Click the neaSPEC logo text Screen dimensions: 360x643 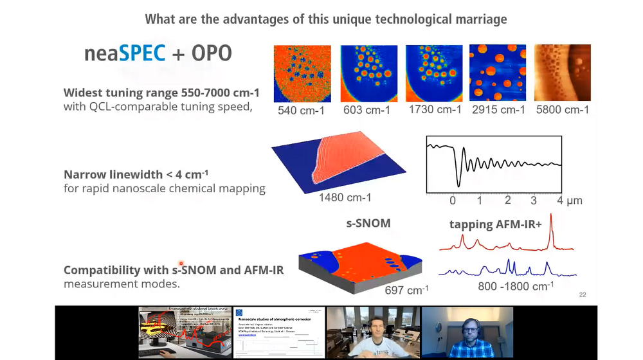coord(125,53)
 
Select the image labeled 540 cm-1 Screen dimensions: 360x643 coord(302,73)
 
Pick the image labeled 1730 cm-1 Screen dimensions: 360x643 coord(433,73)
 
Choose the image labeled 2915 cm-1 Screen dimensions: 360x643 coord(498,73)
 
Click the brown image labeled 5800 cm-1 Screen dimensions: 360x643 coord(563,73)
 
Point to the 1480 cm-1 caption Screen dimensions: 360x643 coord(345,197)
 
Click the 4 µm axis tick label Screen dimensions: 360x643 coord(569,201)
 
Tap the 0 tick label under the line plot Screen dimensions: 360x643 coord(453,201)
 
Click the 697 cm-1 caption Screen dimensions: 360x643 coord(406,290)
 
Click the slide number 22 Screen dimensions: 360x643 coord(582,295)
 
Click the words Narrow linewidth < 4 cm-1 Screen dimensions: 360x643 coord(136,175)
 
